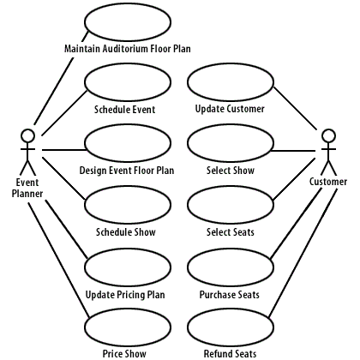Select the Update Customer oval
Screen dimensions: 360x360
pyautogui.click(x=229, y=83)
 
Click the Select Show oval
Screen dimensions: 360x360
pyautogui.click(x=229, y=144)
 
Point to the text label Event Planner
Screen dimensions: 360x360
pyautogui.click(x=27, y=188)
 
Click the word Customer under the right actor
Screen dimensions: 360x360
pyautogui.click(x=328, y=182)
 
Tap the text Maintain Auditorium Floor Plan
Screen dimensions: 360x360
pyautogui.click(x=127, y=49)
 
